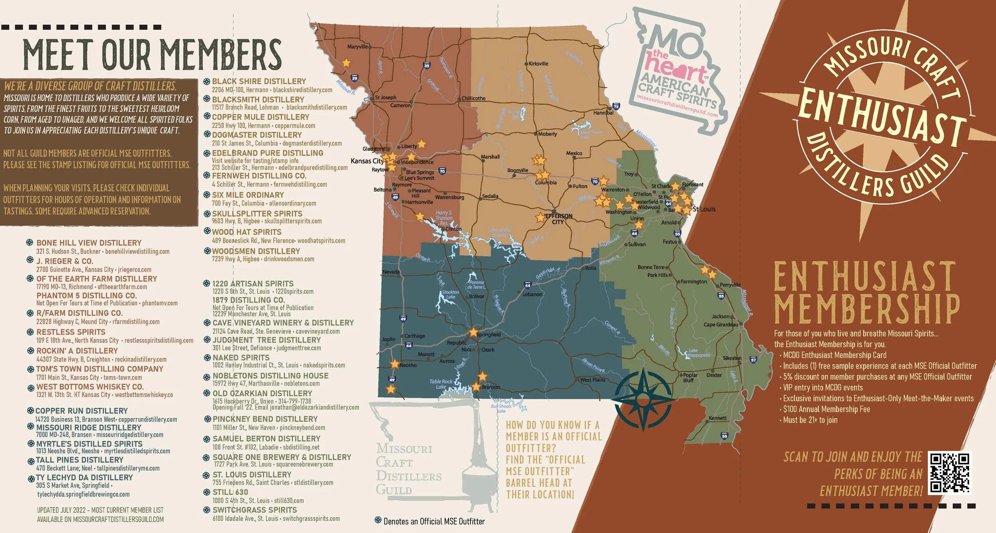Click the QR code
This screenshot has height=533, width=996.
click(949, 473)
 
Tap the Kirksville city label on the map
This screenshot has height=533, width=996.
click(538, 64)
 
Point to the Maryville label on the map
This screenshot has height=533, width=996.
click(357, 47)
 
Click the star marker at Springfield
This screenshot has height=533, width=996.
click(473, 332)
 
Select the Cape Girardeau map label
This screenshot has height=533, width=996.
click(721, 325)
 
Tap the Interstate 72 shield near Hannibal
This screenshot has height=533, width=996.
click(616, 106)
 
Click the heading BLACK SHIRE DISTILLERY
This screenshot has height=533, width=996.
click(259, 81)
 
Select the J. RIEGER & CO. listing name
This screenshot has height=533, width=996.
click(65, 261)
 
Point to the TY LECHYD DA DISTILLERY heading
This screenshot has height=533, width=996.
click(84, 477)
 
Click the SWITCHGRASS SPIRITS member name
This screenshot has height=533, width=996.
click(255, 510)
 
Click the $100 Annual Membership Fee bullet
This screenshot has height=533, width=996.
click(826, 409)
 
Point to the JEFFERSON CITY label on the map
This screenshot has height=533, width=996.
click(558, 219)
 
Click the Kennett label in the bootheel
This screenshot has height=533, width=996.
click(718, 418)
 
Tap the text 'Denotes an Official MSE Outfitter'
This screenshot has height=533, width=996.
click(434, 521)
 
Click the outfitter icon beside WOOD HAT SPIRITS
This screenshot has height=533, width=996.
click(207, 231)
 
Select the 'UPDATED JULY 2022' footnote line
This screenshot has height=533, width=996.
click(100, 510)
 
